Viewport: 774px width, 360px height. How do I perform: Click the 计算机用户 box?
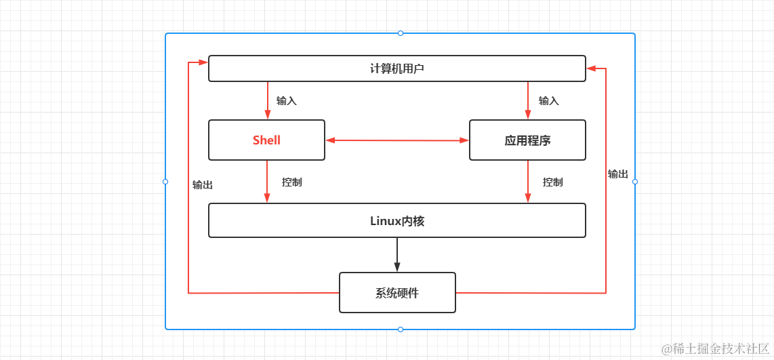396,68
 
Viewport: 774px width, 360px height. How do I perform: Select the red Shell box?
266,140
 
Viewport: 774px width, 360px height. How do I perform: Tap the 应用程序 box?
527,140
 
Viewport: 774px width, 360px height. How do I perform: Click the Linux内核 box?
396,220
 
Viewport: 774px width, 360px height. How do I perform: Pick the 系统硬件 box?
397,293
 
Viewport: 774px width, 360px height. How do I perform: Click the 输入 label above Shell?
286,101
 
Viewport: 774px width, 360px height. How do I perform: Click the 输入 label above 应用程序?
548,101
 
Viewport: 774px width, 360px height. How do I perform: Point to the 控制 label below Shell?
291,182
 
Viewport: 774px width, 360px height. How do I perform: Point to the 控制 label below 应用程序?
552,182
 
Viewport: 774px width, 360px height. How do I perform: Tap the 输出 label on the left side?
203,185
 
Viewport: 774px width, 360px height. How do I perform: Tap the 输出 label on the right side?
617,174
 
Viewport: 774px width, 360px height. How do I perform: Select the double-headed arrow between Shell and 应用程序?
397,140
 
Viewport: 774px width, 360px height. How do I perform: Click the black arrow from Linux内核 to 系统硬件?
397,254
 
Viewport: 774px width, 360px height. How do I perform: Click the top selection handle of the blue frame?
401,33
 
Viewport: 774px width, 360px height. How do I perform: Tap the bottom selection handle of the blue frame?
401,329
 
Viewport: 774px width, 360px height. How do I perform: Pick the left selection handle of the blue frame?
165,182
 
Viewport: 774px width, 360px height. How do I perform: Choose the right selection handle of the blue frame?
635,182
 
